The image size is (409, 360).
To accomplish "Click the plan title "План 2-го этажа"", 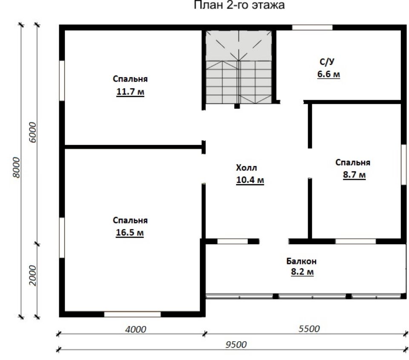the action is pos(239,5).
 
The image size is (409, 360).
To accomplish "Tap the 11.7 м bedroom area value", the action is pos(130,92).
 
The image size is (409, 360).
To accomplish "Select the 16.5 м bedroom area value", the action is pos(130,232).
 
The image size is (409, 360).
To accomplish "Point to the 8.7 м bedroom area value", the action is pos(354,174).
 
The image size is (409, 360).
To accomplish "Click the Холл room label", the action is pos(246,168).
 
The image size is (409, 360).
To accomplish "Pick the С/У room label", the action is pos(327,62).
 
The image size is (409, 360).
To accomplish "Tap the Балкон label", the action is pos(301,261).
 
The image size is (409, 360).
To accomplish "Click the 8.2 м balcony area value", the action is pos(302,272).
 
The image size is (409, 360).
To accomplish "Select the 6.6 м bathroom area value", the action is pos(328,74).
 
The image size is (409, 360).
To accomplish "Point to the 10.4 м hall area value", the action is pos(250,180).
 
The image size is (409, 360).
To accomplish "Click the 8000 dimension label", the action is pos(16,168).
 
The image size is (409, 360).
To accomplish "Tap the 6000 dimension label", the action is pos(33,132).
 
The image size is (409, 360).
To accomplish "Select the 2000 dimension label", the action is pos(33,276).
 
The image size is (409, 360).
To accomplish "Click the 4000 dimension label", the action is pos(135,329).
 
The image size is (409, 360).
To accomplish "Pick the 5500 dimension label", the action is pos(309,329).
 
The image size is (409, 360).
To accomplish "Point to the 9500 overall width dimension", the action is pos(236,345).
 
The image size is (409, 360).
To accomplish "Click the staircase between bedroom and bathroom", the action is pos(239,67).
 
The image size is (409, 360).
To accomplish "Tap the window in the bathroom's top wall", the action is pos(312,27).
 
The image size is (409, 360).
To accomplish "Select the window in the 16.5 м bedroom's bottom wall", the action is pos(132,314).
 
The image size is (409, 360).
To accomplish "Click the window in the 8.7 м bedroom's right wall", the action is pos(404,165).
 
